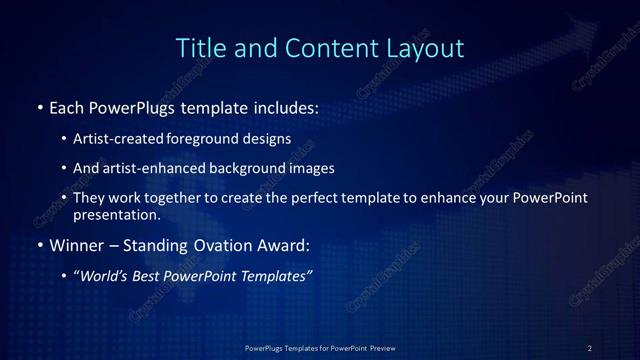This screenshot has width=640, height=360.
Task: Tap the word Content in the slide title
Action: pos(325,47)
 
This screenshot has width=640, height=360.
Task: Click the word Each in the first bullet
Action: pos(67,106)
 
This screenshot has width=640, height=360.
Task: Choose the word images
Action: pos(335,168)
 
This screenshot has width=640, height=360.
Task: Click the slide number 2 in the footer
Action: pos(590,347)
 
